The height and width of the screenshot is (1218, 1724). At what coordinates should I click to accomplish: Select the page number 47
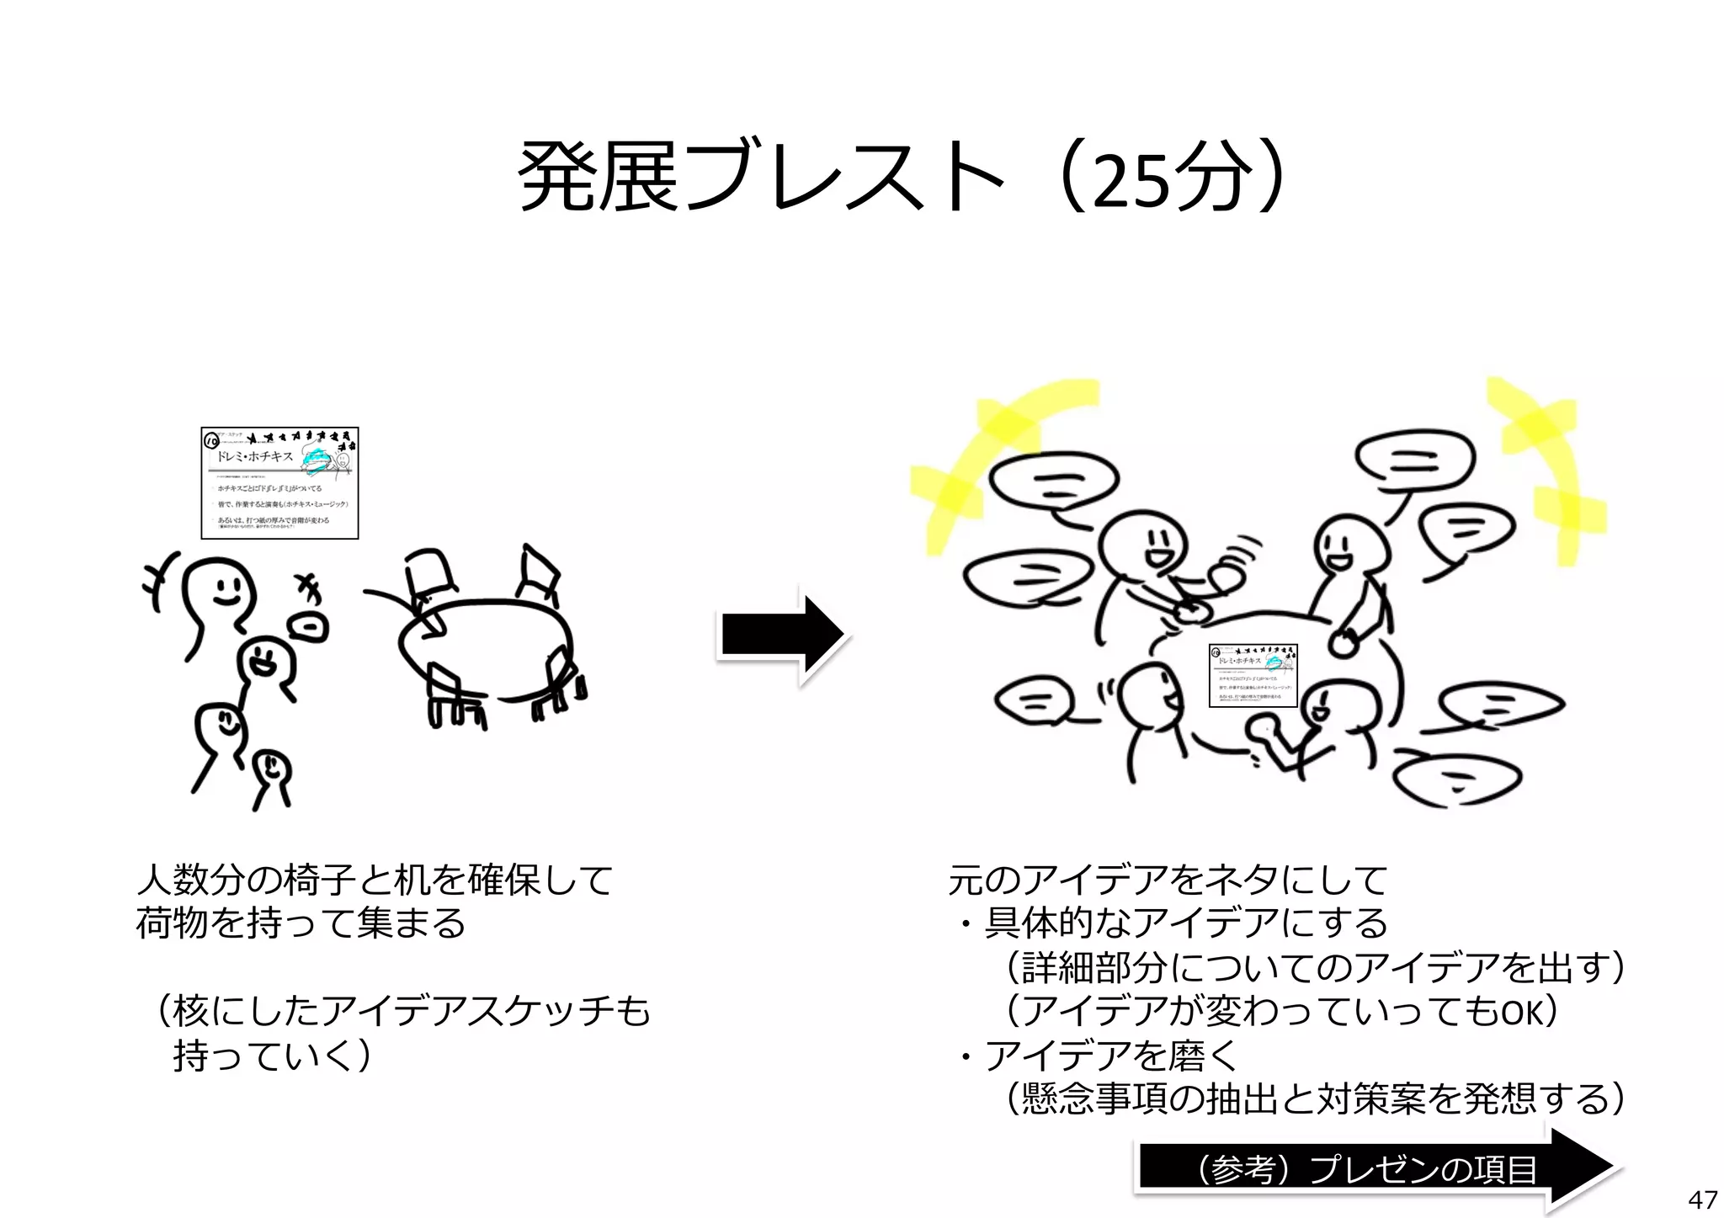click(x=1701, y=1199)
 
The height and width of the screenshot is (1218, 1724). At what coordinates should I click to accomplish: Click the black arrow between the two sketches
click(x=782, y=636)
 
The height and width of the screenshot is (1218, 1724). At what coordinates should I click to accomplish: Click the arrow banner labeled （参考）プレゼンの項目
click(x=1372, y=1168)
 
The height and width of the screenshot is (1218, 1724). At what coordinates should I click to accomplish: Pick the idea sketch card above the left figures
click(x=279, y=482)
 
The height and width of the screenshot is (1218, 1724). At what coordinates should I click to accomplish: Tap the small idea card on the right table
click(x=1253, y=675)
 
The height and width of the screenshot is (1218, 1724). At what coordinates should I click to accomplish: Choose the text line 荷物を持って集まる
click(x=301, y=923)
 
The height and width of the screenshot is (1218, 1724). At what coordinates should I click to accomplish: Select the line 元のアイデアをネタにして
click(x=1168, y=881)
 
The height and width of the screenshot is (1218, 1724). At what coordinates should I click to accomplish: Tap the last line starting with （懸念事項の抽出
click(x=1313, y=1098)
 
